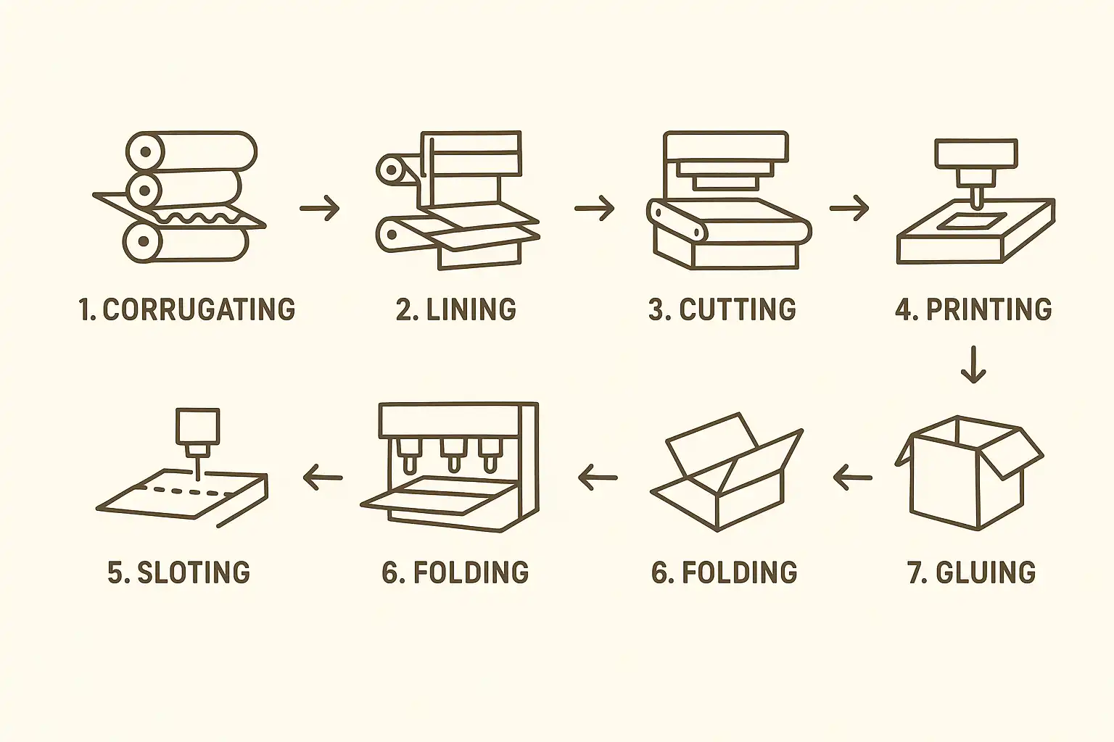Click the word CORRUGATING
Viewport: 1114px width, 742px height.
[199, 309]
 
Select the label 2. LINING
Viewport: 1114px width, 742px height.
[456, 309]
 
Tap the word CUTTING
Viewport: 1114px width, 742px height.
[738, 309]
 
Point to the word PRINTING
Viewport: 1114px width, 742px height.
[989, 309]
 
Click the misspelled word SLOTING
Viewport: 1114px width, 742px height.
[194, 572]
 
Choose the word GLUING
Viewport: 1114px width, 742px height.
[986, 572]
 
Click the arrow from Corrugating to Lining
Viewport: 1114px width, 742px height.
[319, 208]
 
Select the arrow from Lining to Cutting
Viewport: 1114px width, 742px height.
[594, 208]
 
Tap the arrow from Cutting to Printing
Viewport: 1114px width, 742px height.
[849, 208]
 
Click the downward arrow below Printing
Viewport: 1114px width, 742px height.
[973, 365]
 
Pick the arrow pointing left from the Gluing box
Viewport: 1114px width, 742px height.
[852, 478]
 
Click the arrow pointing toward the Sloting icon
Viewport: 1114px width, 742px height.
[323, 478]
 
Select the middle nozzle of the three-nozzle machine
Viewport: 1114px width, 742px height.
[453, 454]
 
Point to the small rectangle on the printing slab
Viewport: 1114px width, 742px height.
[971, 222]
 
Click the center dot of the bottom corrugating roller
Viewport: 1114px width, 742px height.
[144, 241]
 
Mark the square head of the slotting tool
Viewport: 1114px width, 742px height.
[197, 426]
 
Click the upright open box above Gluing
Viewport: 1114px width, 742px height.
[969, 472]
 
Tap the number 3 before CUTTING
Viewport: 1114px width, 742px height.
[657, 309]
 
